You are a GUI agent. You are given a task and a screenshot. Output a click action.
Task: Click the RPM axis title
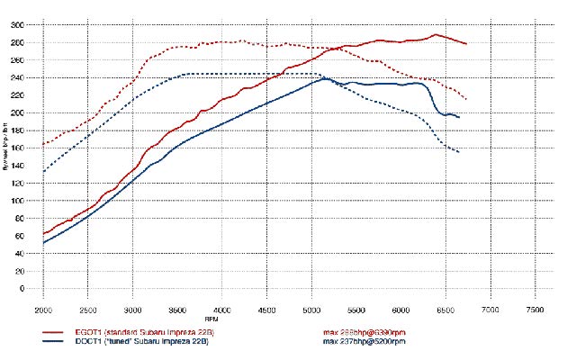(211, 319)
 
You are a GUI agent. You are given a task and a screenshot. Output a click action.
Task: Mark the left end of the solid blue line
(43, 243)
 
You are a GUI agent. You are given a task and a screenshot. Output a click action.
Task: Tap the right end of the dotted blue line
(459, 152)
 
